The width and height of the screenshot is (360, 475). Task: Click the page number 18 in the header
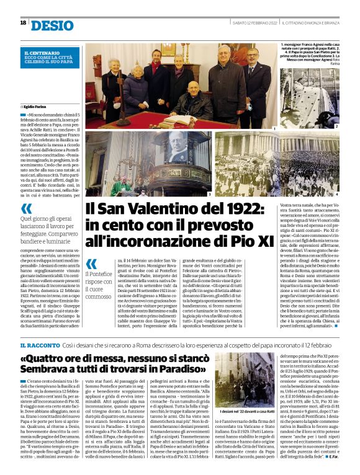[x=23, y=22]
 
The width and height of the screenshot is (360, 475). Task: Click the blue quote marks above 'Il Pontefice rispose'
[x=91, y=264]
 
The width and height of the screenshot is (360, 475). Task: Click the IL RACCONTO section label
[x=39, y=344]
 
